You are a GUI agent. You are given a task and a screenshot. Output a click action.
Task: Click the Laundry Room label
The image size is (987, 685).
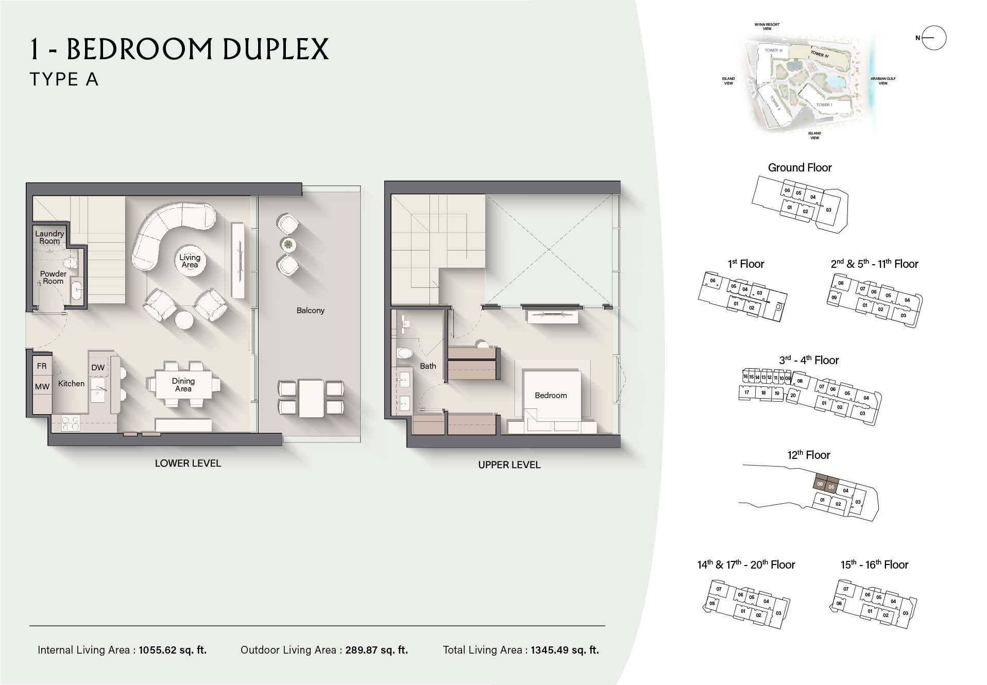[49, 237]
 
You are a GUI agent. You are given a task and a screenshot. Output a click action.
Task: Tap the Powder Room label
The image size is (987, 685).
[54, 278]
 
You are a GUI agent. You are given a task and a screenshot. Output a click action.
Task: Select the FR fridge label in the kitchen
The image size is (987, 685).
[42, 366]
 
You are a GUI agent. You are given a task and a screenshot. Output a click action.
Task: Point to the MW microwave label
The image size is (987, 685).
[42, 387]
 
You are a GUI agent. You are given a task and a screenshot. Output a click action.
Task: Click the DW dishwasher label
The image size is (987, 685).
[98, 368]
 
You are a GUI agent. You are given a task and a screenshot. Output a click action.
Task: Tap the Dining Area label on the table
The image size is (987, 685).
[183, 385]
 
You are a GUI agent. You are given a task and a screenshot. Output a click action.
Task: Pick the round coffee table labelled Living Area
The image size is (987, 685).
[190, 261]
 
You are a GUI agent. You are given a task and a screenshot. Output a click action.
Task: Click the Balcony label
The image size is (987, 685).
[310, 311]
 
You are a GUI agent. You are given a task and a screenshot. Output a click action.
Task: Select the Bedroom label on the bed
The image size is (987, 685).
[551, 396]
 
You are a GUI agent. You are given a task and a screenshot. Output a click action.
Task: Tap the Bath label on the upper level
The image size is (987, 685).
[428, 366]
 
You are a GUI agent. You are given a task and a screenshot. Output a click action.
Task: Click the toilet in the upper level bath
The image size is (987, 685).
[404, 354]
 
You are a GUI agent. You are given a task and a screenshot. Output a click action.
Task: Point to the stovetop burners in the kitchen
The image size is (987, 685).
[71, 423]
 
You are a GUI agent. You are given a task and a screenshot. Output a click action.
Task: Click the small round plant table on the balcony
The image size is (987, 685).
[288, 244]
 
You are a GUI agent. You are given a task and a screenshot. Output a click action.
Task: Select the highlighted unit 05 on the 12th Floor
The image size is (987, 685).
[831, 487]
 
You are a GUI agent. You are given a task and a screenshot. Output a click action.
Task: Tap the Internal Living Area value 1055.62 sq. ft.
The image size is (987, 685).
[173, 650]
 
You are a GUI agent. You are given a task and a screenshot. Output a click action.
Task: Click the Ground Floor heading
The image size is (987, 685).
[799, 168]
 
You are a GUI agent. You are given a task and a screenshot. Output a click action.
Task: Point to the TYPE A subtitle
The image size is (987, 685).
[64, 79]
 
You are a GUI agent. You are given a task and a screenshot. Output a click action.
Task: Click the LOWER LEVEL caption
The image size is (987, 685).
[188, 464]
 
